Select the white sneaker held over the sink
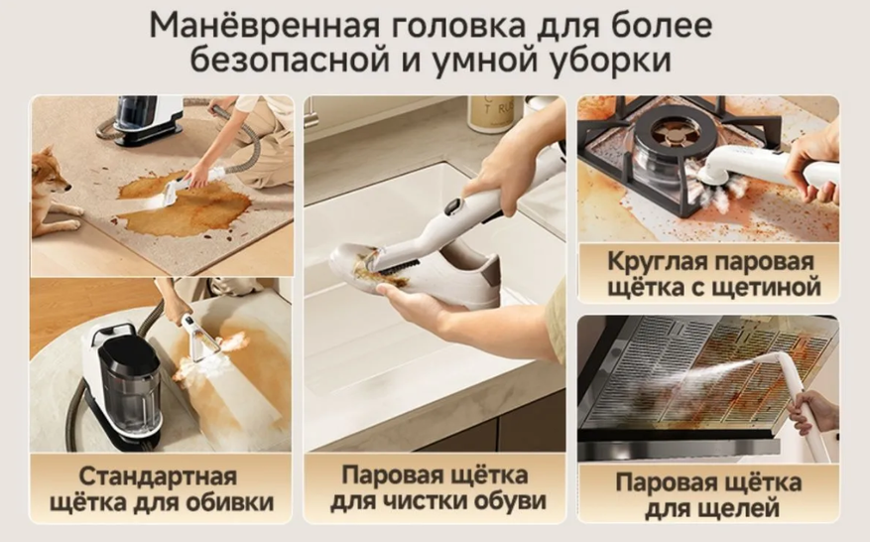coord(415,273)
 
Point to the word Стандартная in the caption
coord(158,476)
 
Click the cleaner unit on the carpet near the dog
coord(148,120)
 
